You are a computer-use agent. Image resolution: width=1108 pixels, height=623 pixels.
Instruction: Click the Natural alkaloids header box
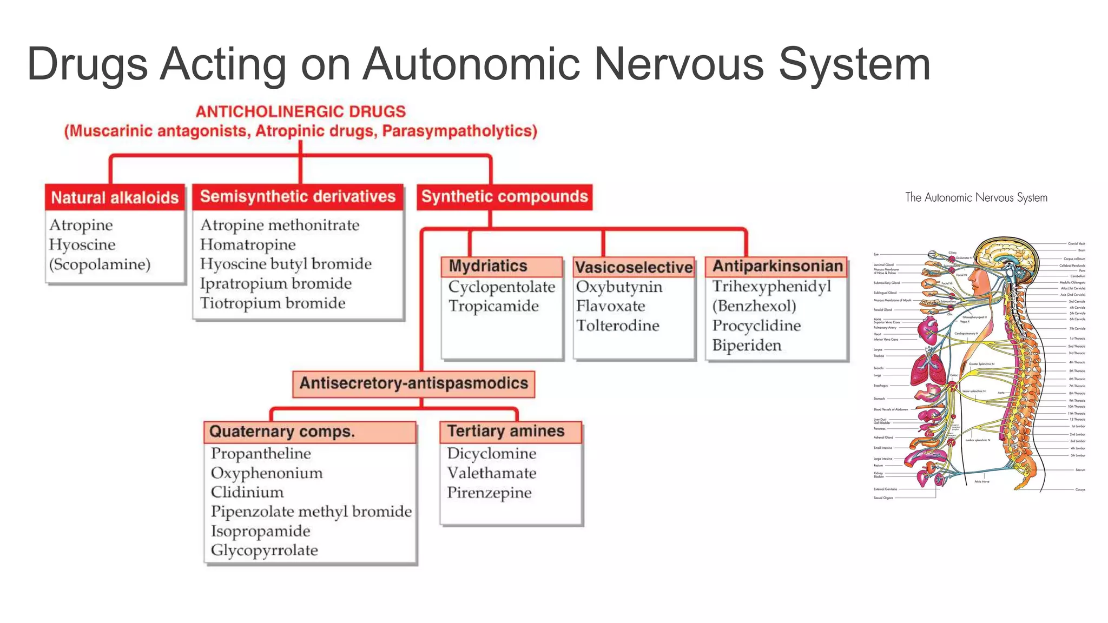[x=115, y=197]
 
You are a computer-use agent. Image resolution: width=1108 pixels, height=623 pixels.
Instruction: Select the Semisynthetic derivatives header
[x=298, y=196]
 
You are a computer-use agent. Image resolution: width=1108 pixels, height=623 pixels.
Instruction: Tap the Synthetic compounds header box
[x=504, y=196]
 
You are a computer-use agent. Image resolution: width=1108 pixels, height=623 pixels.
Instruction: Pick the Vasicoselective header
[x=634, y=267]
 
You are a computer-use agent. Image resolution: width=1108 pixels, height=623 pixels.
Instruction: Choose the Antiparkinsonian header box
[x=777, y=266]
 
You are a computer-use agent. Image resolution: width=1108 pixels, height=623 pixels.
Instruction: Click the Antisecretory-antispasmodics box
[x=413, y=383]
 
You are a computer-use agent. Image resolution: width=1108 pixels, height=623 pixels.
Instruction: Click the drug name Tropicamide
[x=493, y=306]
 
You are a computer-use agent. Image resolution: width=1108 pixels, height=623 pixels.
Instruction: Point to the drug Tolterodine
[x=617, y=326]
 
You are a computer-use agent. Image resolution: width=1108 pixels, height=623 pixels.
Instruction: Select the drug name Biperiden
[x=747, y=345]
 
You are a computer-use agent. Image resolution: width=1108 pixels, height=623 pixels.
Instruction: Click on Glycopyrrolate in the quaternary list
[x=264, y=551]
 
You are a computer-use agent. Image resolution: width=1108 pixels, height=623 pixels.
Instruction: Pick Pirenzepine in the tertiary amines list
[x=489, y=493]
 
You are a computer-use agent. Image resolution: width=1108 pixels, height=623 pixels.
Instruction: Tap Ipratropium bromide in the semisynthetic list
[x=275, y=283]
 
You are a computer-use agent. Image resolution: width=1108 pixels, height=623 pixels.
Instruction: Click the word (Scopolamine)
[x=100, y=264]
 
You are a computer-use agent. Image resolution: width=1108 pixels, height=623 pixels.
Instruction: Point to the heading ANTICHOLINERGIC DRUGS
[x=300, y=111]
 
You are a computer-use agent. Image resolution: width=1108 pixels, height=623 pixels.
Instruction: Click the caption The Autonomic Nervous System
[x=976, y=197]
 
